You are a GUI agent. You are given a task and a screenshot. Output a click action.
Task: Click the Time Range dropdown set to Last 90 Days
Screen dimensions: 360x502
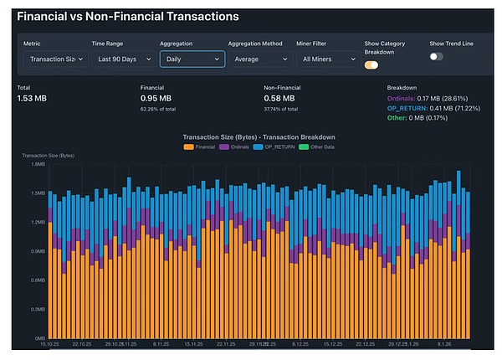pyautogui.click(x=122, y=59)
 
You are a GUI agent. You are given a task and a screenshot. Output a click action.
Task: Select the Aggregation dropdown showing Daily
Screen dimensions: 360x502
pyautogui.click(x=192, y=59)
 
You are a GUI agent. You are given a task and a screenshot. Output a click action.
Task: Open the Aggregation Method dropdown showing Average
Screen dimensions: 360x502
pyautogui.click(x=259, y=59)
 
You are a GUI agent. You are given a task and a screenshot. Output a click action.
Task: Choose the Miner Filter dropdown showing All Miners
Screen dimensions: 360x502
pyautogui.click(x=325, y=59)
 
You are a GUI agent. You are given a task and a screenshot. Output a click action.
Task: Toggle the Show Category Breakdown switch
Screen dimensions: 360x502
pyautogui.click(x=371, y=64)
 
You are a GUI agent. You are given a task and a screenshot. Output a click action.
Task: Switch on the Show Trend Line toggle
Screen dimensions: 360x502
pyautogui.click(x=436, y=56)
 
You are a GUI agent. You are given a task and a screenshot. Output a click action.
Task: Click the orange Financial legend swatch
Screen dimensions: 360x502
pyautogui.click(x=190, y=147)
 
